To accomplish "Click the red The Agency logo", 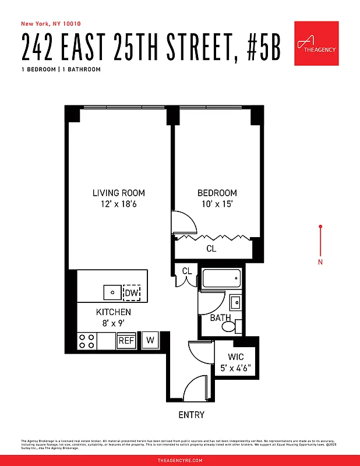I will pos(316,44).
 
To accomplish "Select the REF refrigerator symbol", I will pos(126,340).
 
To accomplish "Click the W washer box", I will pos(150,340).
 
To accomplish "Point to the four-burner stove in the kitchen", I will pos(87,341).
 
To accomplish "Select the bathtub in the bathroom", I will pos(223,278).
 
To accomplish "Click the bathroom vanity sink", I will pos(235,302).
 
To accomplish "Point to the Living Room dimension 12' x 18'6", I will pos(119,204).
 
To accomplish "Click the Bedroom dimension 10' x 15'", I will pos(217,204).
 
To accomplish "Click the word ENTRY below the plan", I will pos(192,415).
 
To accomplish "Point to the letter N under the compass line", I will pos(320,262).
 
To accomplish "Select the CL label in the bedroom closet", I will pos(211,249).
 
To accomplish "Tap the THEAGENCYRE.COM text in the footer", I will pos(180,460).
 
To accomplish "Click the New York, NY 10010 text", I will pos(51,24).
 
